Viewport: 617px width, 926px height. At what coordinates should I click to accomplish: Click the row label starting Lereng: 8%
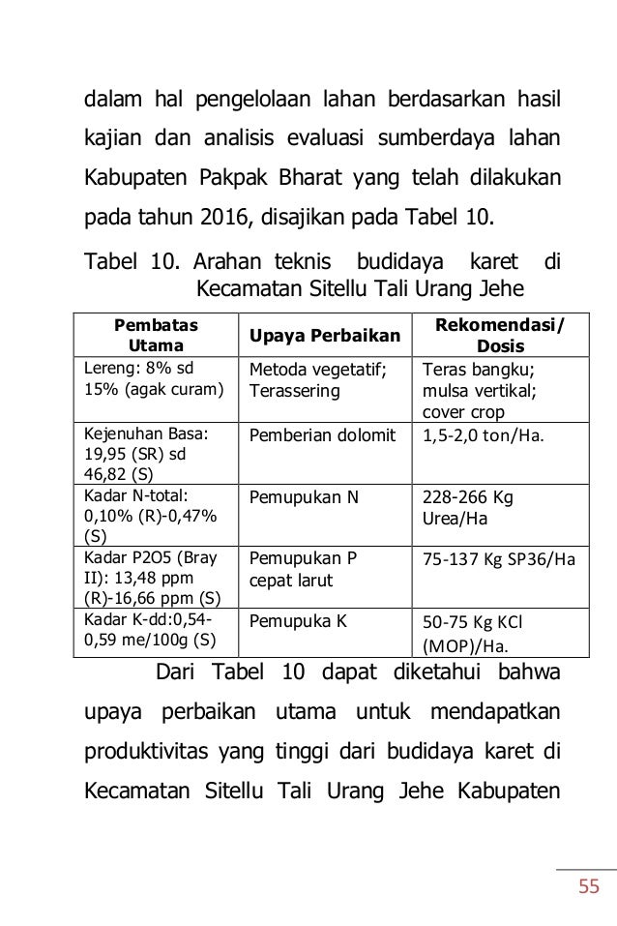click(147, 378)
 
